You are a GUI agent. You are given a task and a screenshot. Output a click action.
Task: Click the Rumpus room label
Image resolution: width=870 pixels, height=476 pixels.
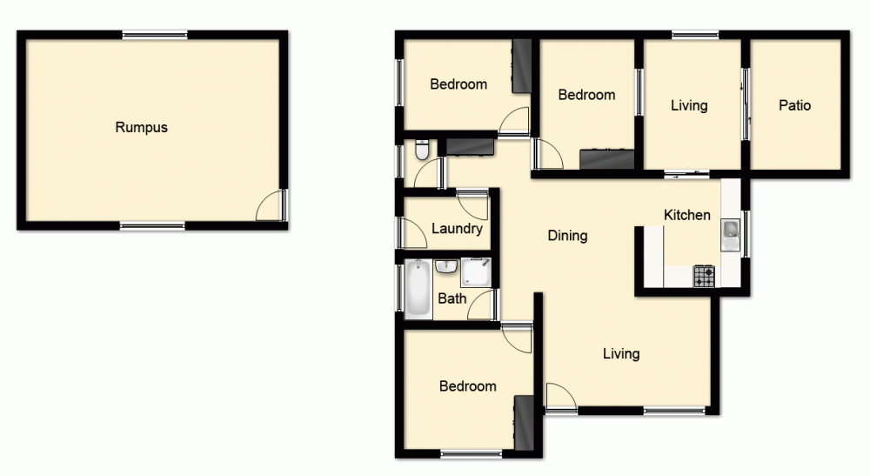tap(141, 127)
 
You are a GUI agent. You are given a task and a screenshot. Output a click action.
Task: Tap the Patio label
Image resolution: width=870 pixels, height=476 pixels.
tap(794, 105)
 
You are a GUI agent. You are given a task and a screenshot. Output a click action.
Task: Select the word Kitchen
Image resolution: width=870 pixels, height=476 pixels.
tap(687, 215)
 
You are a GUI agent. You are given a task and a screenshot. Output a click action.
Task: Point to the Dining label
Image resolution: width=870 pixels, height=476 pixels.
tap(567, 235)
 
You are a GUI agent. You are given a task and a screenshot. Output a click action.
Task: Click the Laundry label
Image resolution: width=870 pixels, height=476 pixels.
tap(457, 229)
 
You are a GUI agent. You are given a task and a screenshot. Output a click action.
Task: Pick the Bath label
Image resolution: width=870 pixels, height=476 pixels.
tap(452, 298)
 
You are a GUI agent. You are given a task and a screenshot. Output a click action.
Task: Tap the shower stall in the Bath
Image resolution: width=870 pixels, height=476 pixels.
tap(476, 272)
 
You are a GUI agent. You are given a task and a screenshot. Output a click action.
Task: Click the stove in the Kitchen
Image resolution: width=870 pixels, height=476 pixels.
tap(704, 276)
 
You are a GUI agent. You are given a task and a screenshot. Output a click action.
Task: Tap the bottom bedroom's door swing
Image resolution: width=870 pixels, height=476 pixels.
tap(516, 338)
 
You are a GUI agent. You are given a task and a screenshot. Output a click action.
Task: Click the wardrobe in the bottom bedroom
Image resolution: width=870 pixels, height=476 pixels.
tap(525, 422)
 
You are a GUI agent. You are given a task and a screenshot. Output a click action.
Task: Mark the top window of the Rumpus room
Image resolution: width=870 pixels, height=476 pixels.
tap(155, 35)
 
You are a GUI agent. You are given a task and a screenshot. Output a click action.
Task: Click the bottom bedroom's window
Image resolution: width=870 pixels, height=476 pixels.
tap(471, 453)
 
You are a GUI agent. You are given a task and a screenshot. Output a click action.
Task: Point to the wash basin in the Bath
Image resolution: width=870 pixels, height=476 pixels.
tap(447, 265)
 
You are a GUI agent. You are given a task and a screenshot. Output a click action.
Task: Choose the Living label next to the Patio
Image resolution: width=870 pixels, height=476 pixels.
tap(689, 105)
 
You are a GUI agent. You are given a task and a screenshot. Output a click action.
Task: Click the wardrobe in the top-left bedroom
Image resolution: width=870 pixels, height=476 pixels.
tap(521, 66)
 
